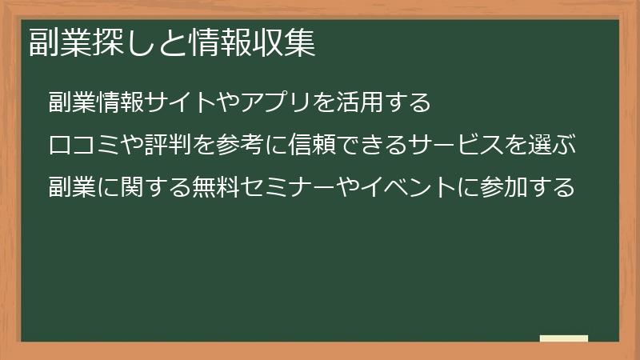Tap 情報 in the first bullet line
point(121,103)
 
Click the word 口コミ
point(85,146)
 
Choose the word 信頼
point(313,146)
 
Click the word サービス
point(457,146)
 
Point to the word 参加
point(505,189)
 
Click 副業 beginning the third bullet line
point(72,189)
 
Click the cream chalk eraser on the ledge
point(564,339)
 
